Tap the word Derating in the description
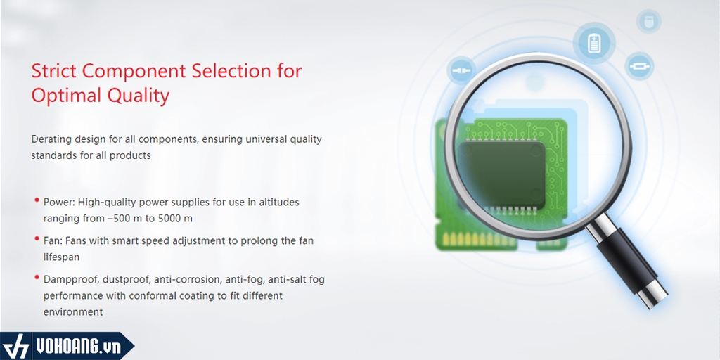(x=50, y=139)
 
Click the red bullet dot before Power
(x=37, y=200)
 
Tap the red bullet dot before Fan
(x=37, y=238)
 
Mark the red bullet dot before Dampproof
(x=37, y=277)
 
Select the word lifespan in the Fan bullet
(x=62, y=257)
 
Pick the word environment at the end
(x=73, y=312)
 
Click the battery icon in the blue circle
(x=594, y=43)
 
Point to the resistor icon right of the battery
(x=639, y=66)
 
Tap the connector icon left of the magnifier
(x=461, y=71)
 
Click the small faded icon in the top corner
(x=648, y=21)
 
